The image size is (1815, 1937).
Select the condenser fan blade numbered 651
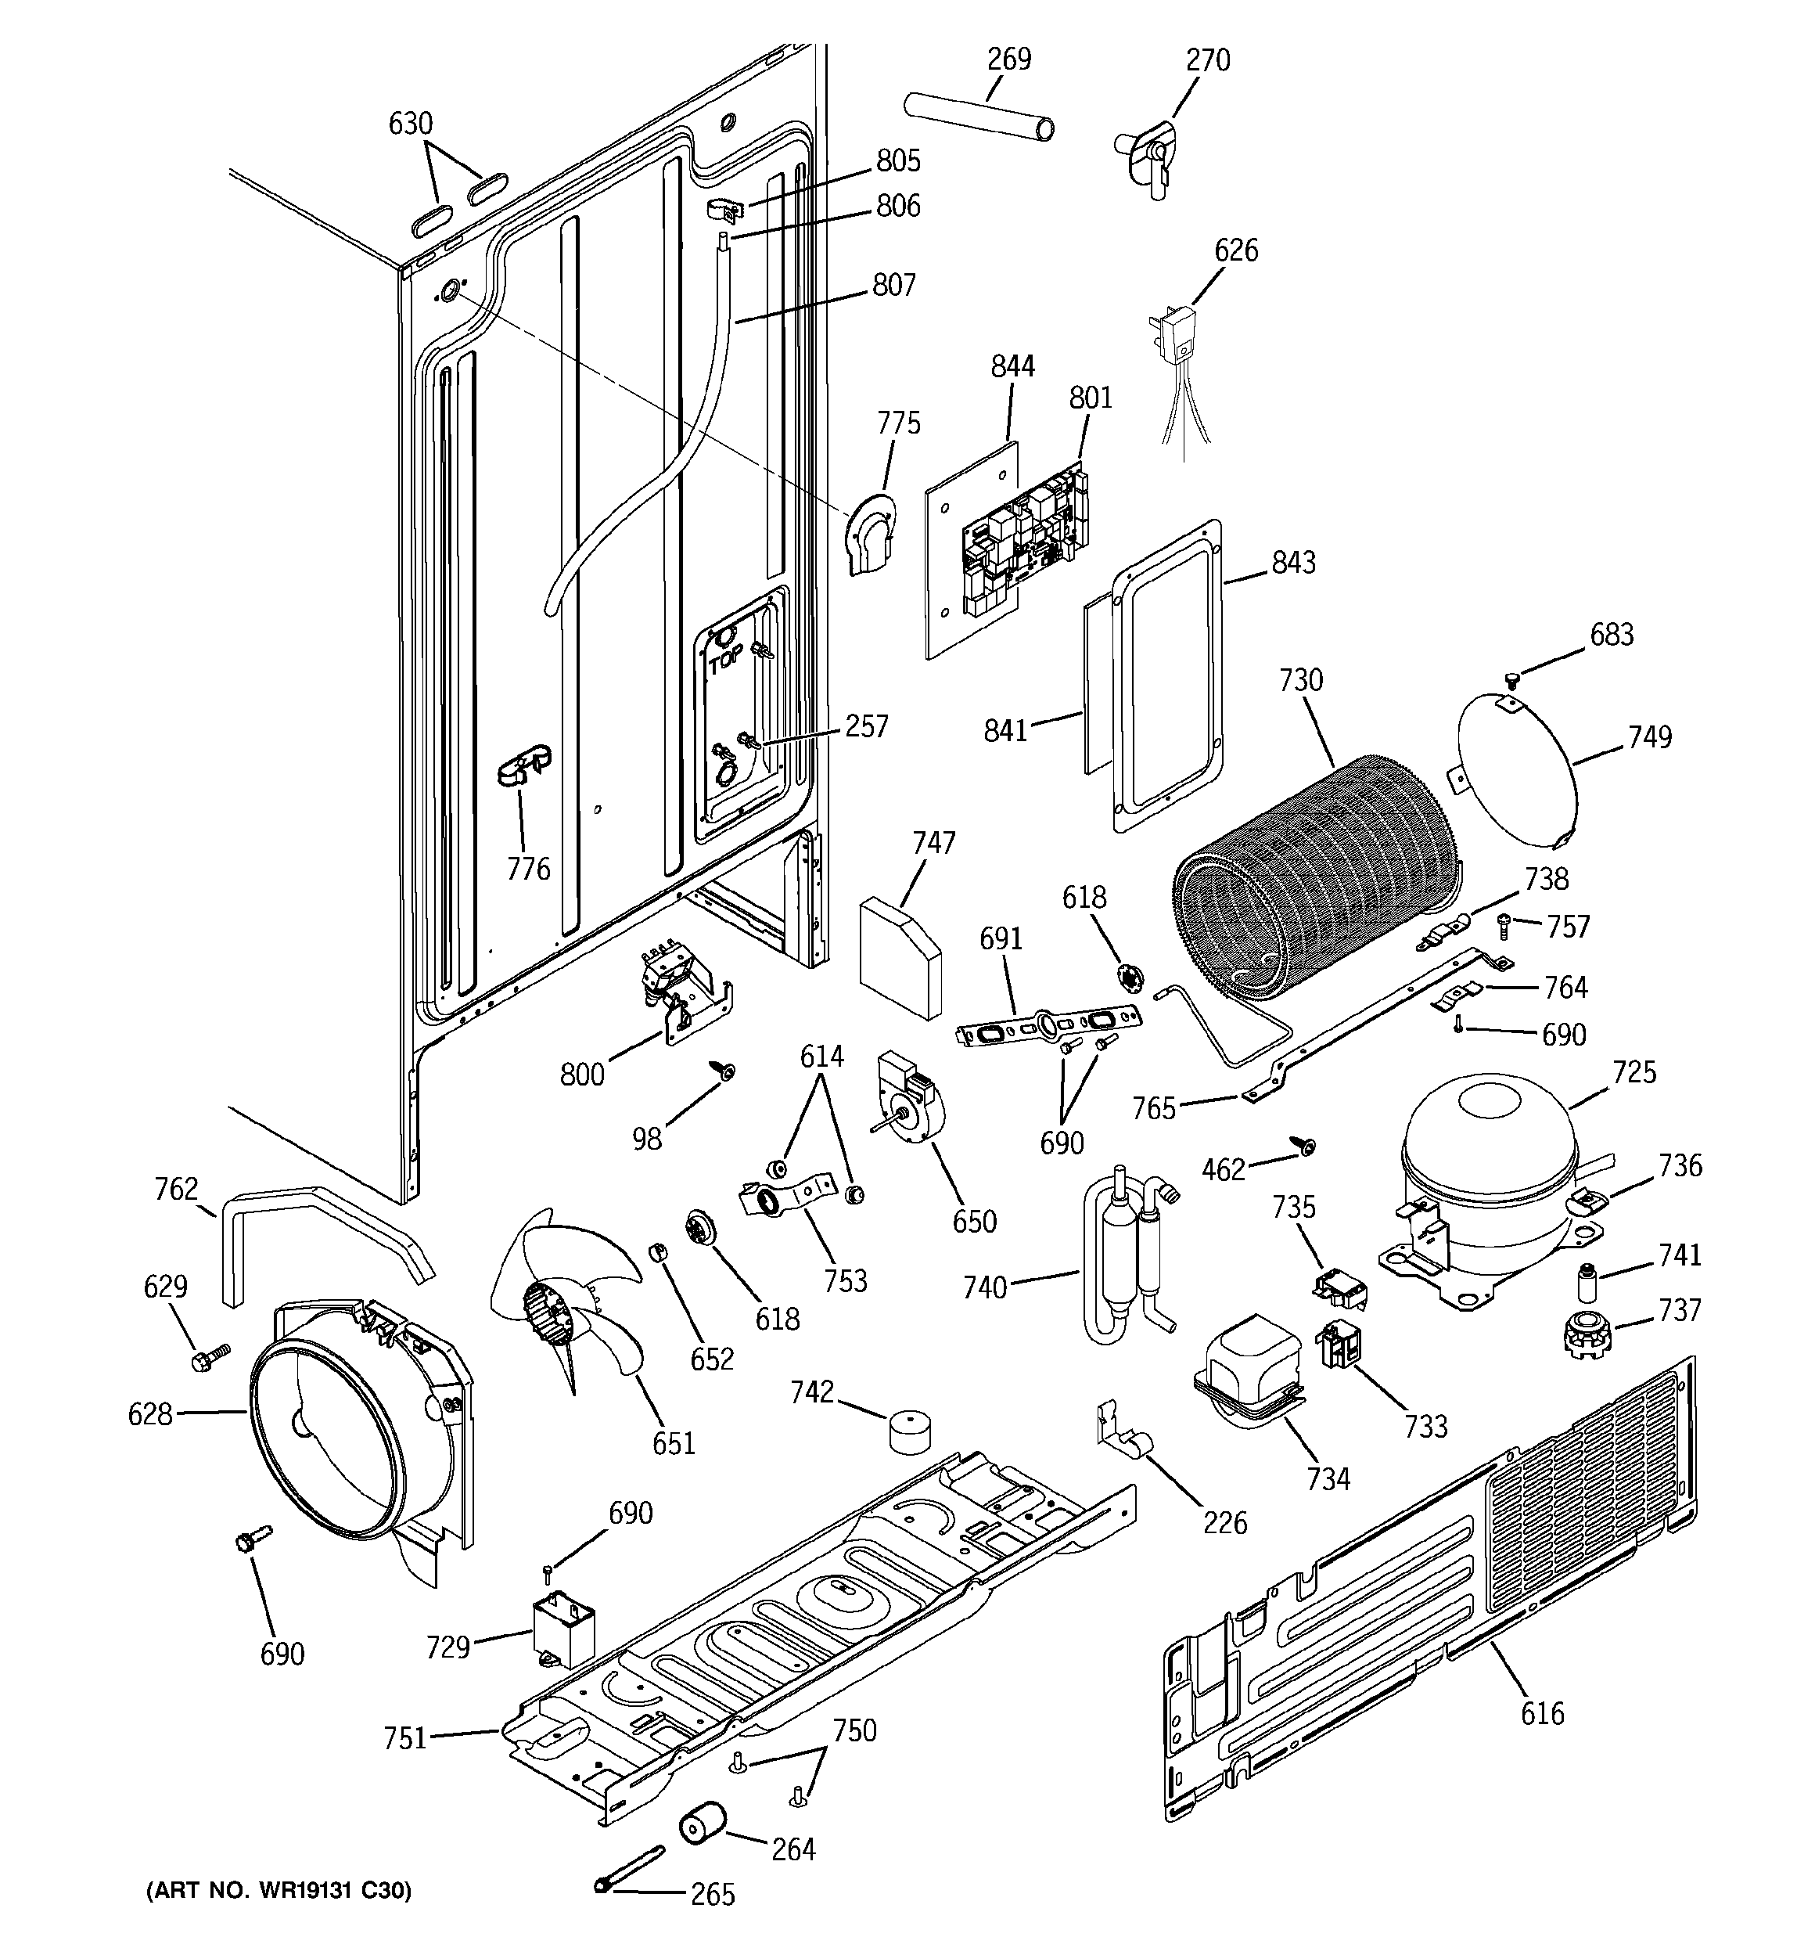560,1305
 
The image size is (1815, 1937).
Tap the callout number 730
1300,680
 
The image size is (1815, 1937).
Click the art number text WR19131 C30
278,1891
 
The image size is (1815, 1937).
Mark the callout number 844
1012,366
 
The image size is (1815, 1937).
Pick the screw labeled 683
1513,678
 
